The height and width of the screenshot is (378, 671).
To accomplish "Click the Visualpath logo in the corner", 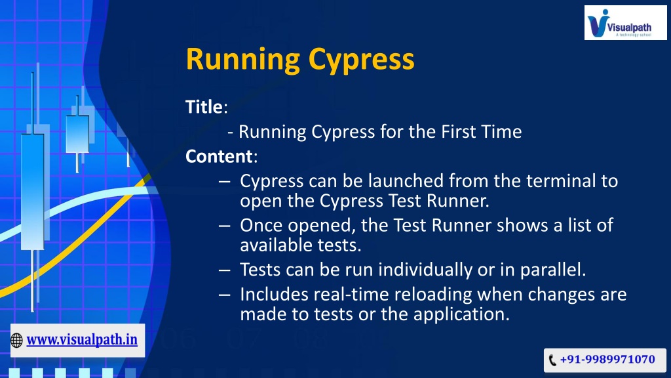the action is tap(625, 23).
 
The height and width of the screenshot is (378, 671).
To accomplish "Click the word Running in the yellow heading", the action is tap(243, 60).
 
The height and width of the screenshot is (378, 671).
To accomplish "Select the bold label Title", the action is tap(204, 107).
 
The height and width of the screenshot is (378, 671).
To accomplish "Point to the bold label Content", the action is tap(219, 156).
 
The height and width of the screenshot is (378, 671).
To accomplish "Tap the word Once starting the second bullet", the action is tap(261, 226).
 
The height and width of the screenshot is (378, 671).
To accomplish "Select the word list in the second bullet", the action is tap(579, 226).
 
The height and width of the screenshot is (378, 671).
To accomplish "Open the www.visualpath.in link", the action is tap(82, 341).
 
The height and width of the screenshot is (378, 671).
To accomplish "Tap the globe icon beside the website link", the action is tap(16, 341).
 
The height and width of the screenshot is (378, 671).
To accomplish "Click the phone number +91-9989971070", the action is tap(607, 359).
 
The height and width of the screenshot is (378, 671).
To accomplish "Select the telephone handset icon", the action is tap(552, 360).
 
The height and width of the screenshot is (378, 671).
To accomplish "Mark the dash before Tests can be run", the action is tap(225, 270).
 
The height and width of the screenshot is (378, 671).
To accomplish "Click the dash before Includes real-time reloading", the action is tap(225, 295).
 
